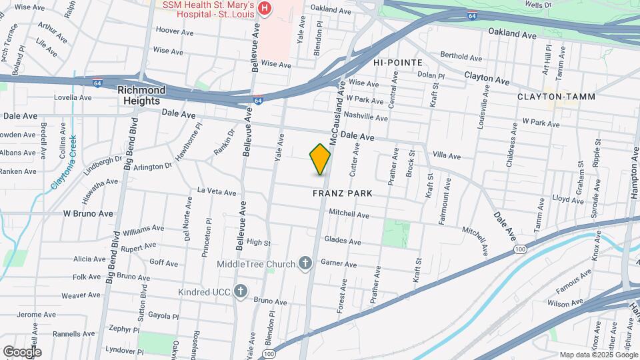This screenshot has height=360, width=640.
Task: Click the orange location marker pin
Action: [320, 159]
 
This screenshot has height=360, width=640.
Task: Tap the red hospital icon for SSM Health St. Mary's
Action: [265, 9]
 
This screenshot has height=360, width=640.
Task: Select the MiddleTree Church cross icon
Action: [305, 264]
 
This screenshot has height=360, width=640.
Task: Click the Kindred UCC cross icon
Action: [241, 291]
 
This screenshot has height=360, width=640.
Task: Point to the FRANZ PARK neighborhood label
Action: [342, 193]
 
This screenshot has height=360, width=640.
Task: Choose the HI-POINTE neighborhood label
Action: [398, 62]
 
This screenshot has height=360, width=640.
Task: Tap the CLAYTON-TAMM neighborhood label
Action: [551, 97]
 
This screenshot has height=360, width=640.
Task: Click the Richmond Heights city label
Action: [141, 95]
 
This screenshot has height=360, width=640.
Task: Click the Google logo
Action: [22, 352]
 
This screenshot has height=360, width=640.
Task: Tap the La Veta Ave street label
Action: [217, 192]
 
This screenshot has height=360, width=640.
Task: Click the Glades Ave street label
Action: [342, 241]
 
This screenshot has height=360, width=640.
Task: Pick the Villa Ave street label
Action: [447, 156]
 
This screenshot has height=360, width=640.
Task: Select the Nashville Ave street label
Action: [367, 117]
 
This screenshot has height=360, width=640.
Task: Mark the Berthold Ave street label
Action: [461, 57]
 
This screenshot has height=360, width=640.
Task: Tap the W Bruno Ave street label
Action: [88, 214]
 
